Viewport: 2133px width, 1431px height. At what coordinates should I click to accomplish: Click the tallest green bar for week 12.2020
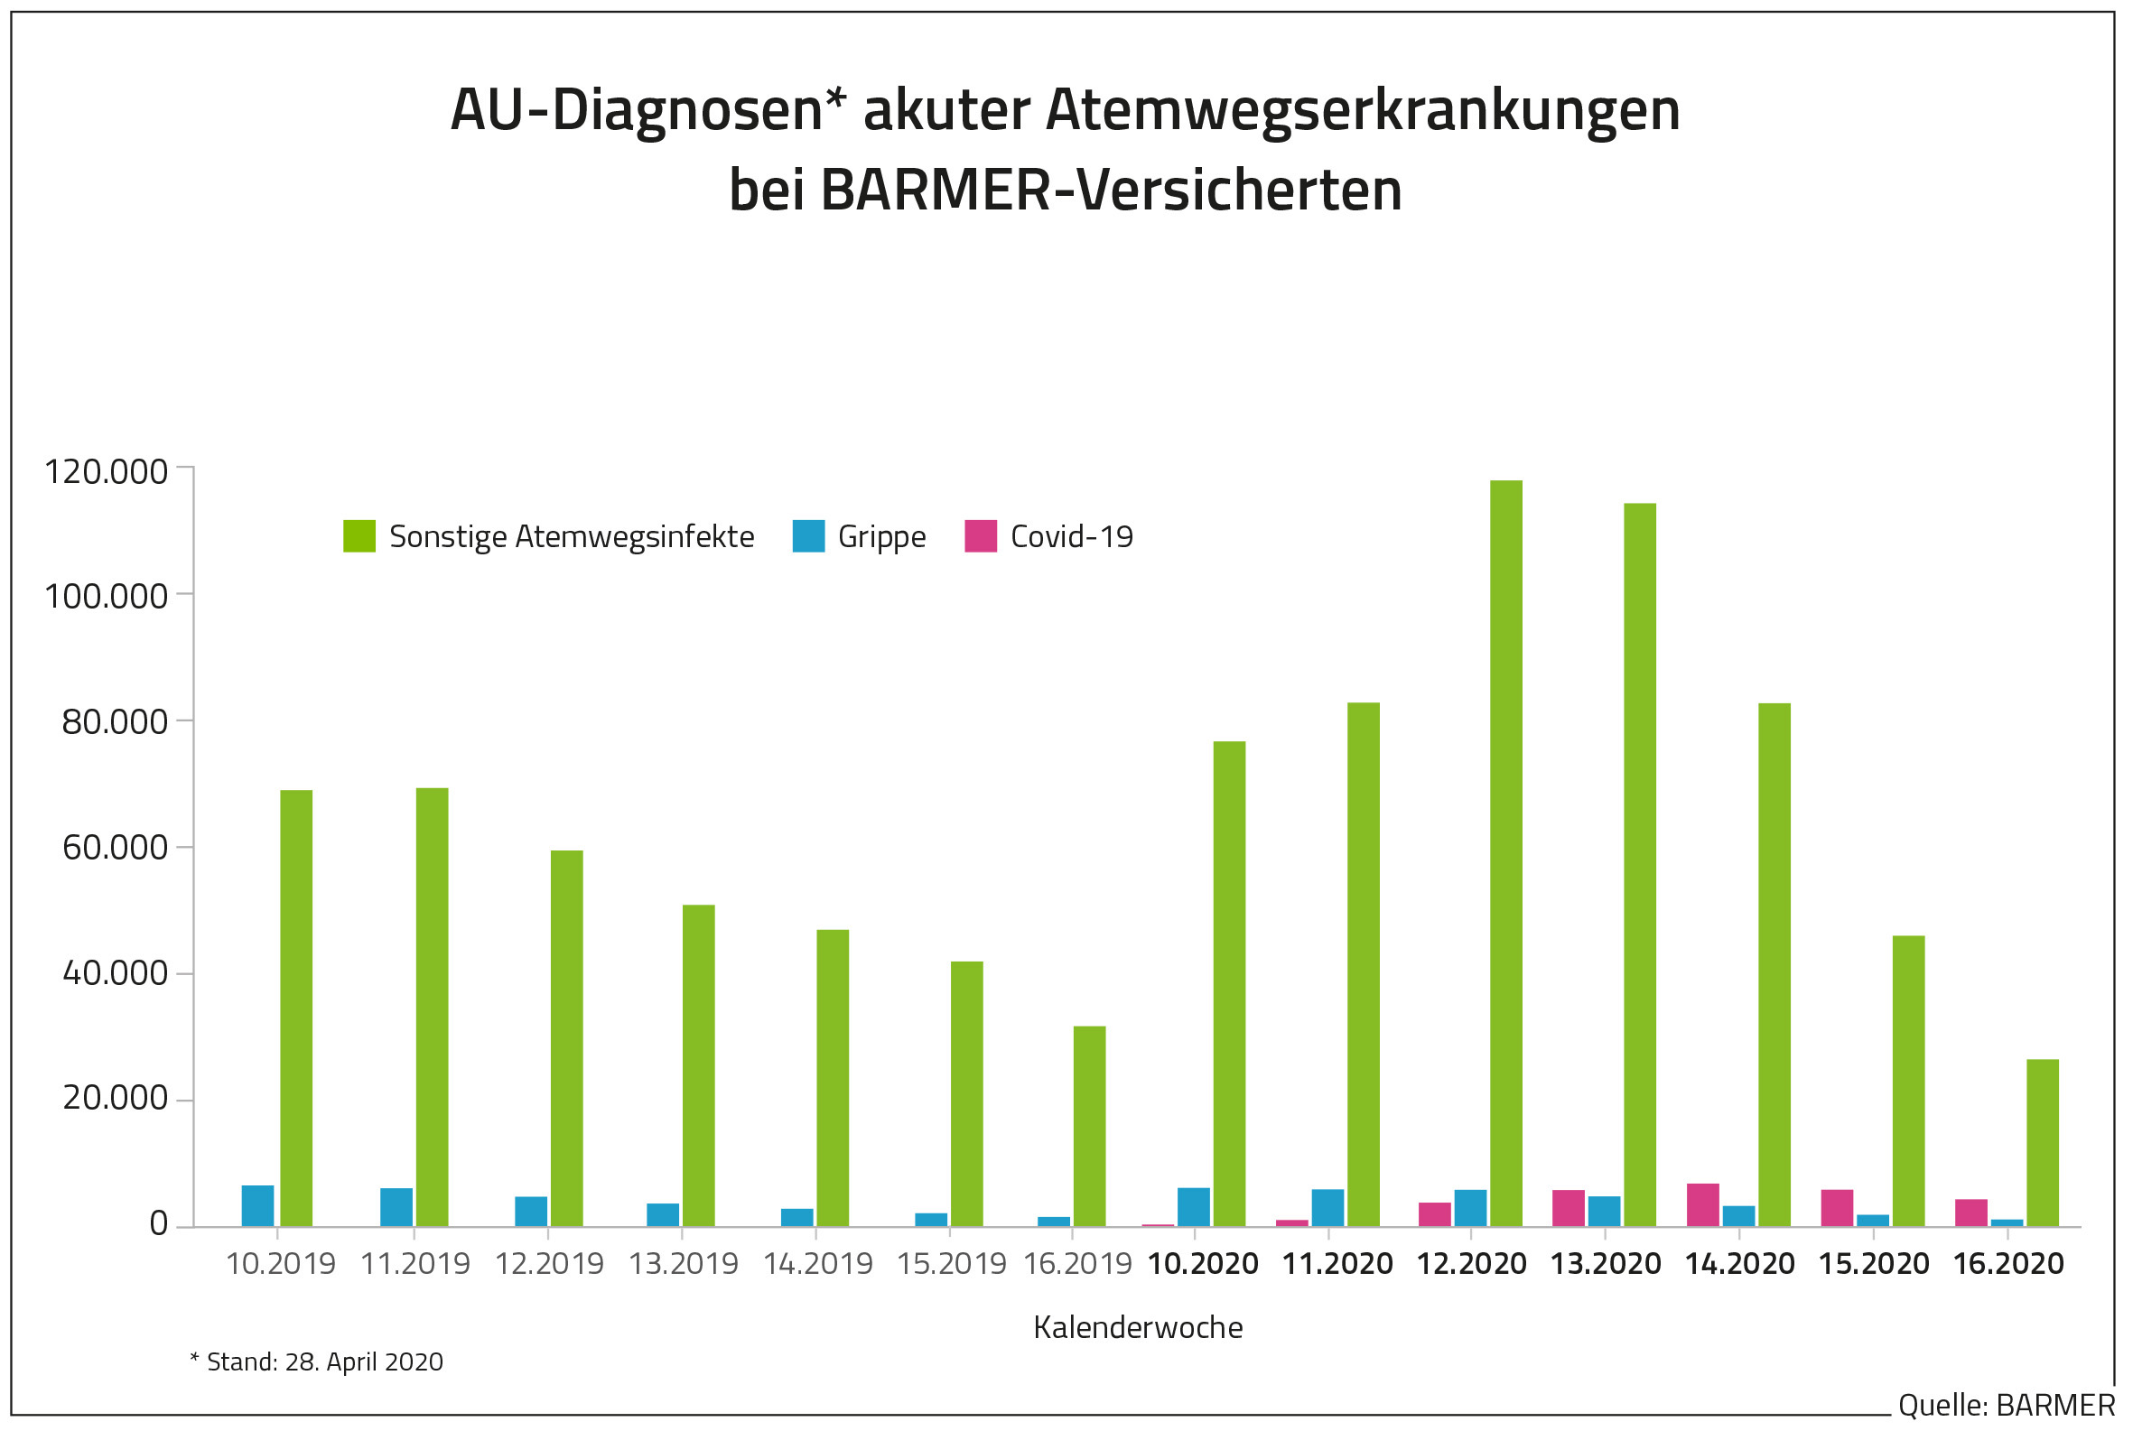coord(1506,852)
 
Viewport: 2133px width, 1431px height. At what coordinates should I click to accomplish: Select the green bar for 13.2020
coord(1640,864)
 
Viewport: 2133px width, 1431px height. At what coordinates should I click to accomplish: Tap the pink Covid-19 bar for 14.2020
coord(1703,1204)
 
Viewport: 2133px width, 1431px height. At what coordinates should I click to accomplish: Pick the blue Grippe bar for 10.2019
coord(257,1205)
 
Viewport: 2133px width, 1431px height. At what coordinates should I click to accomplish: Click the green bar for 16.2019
coord(1090,1125)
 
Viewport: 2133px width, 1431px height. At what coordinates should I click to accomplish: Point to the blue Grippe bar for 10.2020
coord(1194,1206)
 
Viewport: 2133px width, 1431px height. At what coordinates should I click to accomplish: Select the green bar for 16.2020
coord(2043,1142)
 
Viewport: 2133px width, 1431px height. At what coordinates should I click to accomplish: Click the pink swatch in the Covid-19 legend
coord(981,535)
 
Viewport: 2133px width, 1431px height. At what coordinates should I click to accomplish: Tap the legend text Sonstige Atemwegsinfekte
coord(572,536)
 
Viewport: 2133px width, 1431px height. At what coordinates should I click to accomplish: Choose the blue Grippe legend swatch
coord(808,535)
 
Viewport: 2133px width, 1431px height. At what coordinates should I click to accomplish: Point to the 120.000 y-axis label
coord(107,472)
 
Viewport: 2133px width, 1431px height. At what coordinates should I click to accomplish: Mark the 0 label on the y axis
coord(159,1224)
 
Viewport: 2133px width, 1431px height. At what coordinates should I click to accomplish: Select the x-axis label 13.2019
coord(684,1264)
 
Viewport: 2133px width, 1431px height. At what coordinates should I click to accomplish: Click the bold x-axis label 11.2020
coord(1338,1264)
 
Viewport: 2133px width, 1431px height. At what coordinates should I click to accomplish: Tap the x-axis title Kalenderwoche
coord(1138,1327)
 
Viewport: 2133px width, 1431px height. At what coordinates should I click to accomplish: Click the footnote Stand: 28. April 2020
coord(317,1362)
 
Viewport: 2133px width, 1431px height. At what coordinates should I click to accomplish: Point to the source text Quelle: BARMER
coord(2007,1406)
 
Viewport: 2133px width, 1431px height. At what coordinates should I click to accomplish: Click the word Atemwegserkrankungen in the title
coord(1363,110)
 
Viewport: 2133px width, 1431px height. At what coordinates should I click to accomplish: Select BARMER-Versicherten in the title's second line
coord(1110,190)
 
